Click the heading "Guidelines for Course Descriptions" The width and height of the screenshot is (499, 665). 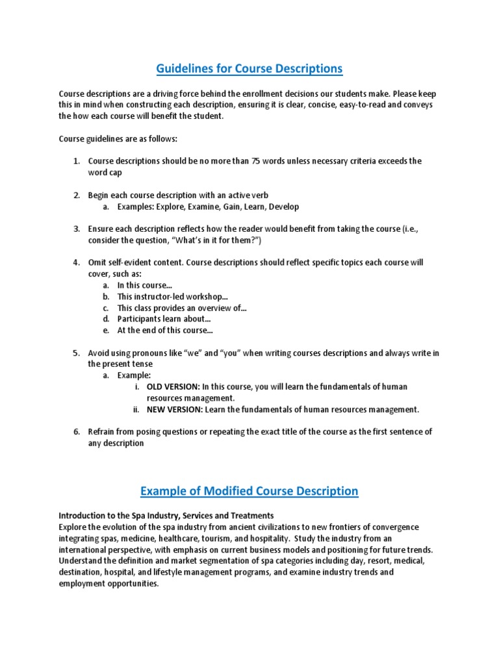(249, 68)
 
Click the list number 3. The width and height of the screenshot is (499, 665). (76, 229)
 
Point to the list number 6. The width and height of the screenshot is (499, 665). (76, 432)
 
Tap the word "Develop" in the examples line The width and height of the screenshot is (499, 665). (283, 207)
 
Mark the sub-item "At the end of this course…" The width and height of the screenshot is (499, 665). (165, 331)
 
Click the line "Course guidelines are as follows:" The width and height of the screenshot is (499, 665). (118, 139)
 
